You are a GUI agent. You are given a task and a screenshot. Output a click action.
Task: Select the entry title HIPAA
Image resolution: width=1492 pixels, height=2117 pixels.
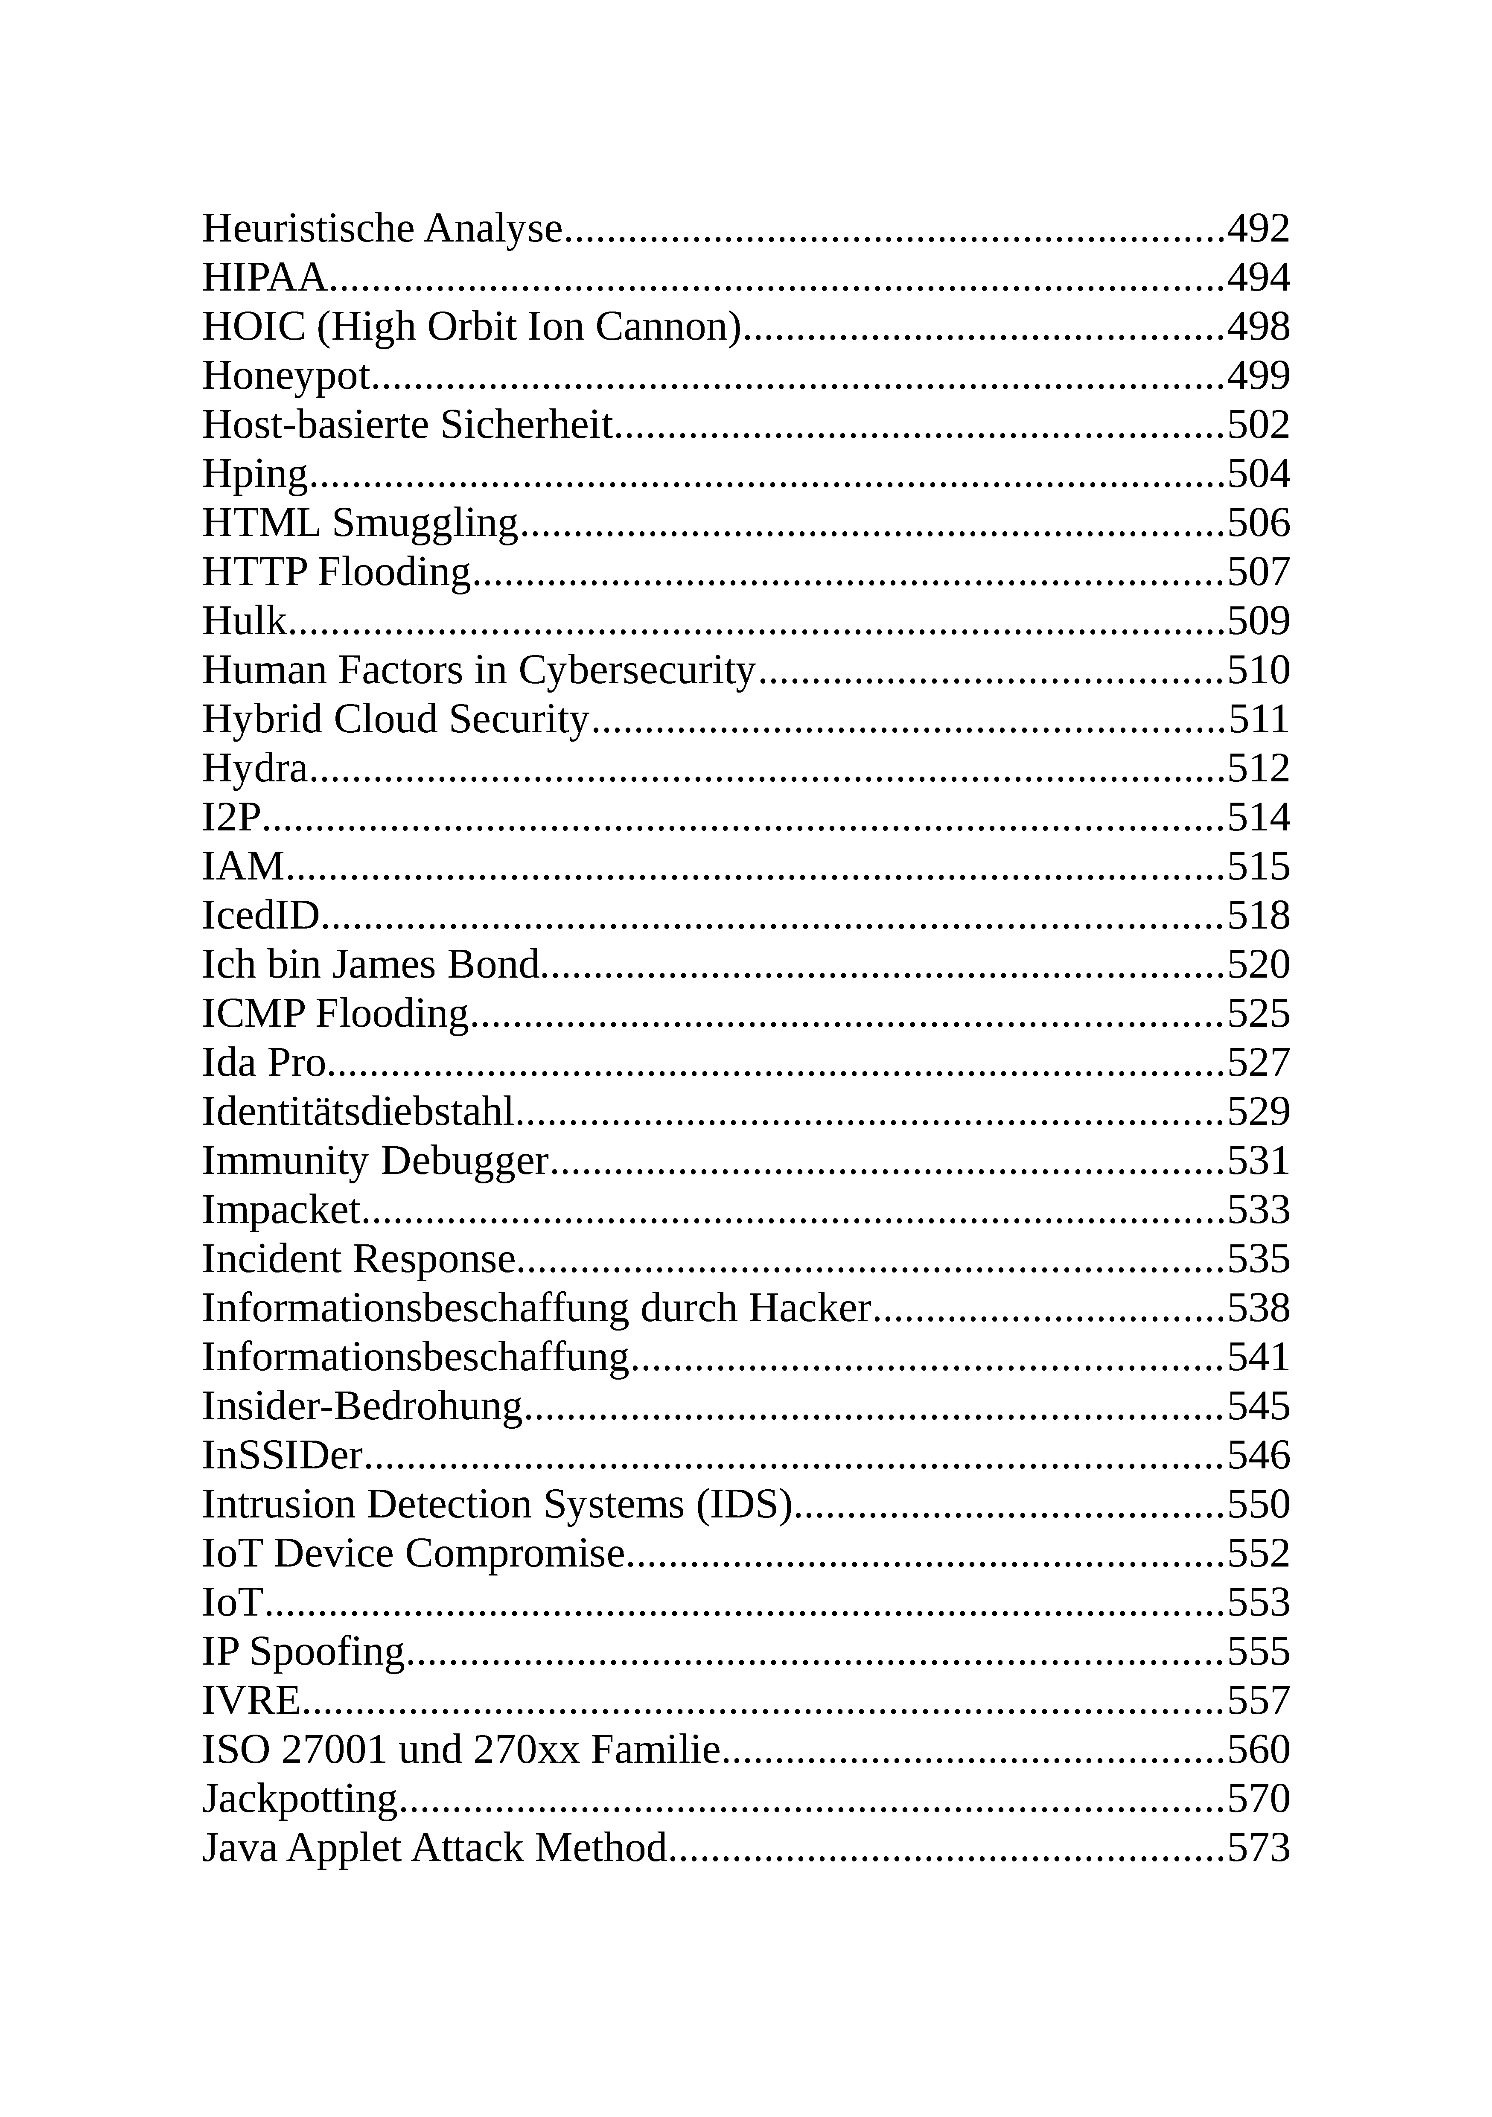coord(264,277)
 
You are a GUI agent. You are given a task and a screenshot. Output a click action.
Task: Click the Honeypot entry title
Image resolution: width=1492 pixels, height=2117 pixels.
coord(286,376)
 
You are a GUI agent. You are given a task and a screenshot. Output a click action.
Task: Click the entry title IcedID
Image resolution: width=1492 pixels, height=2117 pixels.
coord(261,916)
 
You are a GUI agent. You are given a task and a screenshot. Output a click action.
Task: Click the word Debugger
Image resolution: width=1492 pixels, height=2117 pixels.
coord(464,1161)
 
